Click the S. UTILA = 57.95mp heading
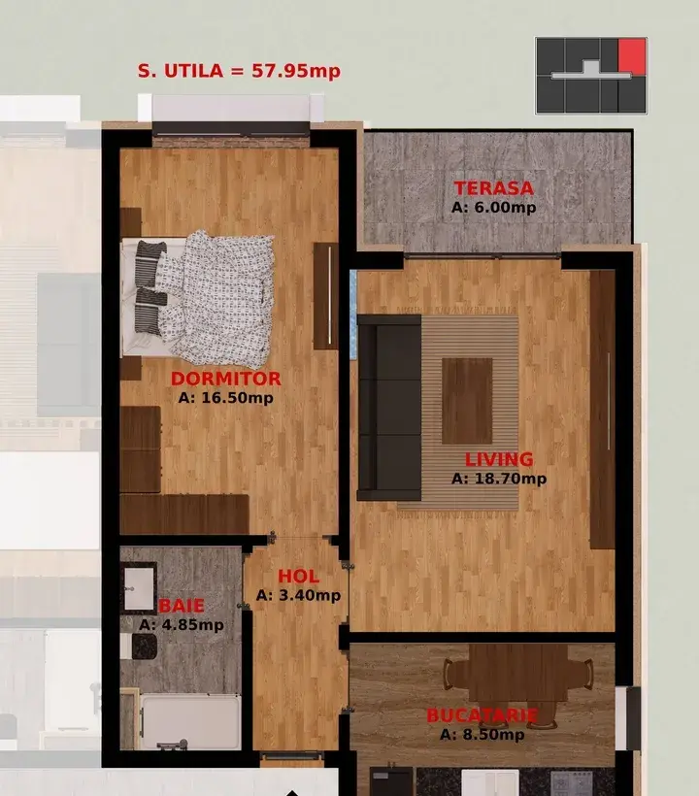click(x=239, y=71)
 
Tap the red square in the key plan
click(x=632, y=55)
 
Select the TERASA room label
click(x=493, y=189)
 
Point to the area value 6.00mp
click(x=493, y=207)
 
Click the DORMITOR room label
click(x=226, y=380)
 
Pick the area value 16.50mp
click(x=226, y=397)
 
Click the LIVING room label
click(x=498, y=460)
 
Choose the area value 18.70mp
click(x=499, y=478)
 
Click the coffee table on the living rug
click(x=467, y=400)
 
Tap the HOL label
click(x=298, y=578)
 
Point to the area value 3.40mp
click(x=298, y=595)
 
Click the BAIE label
click(x=182, y=607)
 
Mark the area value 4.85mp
click(x=182, y=625)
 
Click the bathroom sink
click(x=141, y=588)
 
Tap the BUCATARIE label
click(x=482, y=716)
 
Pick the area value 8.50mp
click(x=482, y=734)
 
